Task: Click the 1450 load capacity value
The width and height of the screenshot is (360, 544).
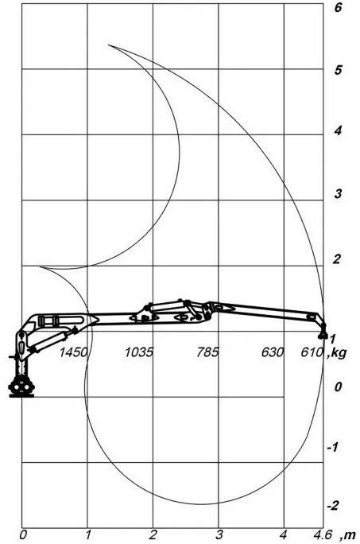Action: pyautogui.click(x=73, y=352)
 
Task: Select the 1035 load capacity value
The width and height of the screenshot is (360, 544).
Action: pyautogui.click(x=139, y=352)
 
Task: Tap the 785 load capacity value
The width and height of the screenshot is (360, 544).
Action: pyautogui.click(x=207, y=352)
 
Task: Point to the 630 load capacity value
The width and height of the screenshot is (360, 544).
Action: pyautogui.click(x=273, y=352)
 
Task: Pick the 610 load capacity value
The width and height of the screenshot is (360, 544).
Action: pyautogui.click(x=312, y=352)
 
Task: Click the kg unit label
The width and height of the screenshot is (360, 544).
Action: pyautogui.click(x=338, y=354)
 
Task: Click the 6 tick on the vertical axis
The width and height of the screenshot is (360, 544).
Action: pyautogui.click(x=338, y=7)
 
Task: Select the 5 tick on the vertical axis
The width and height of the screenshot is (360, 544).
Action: pyautogui.click(x=338, y=70)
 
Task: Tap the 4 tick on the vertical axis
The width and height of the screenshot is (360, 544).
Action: pyautogui.click(x=338, y=130)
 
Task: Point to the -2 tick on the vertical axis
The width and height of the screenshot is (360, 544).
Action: pyautogui.click(x=333, y=506)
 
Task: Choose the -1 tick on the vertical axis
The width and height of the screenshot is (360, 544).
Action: pyautogui.click(x=332, y=447)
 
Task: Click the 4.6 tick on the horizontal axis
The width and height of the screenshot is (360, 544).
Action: pyautogui.click(x=323, y=534)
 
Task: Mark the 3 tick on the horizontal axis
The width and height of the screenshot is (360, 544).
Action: pyautogui.click(x=219, y=534)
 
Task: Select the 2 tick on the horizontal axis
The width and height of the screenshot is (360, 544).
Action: pyautogui.click(x=153, y=534)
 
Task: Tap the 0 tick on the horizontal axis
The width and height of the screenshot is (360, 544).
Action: pyautogui.click(x=23, y=534)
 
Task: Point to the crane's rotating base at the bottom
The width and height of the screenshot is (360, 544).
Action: pyautogui.click(x=21, y=387)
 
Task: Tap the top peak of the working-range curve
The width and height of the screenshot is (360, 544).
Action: pyautogui.click(x=109, y=45)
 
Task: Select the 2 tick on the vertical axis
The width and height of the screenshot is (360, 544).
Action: pyautogui.click(x=337, y=258)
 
